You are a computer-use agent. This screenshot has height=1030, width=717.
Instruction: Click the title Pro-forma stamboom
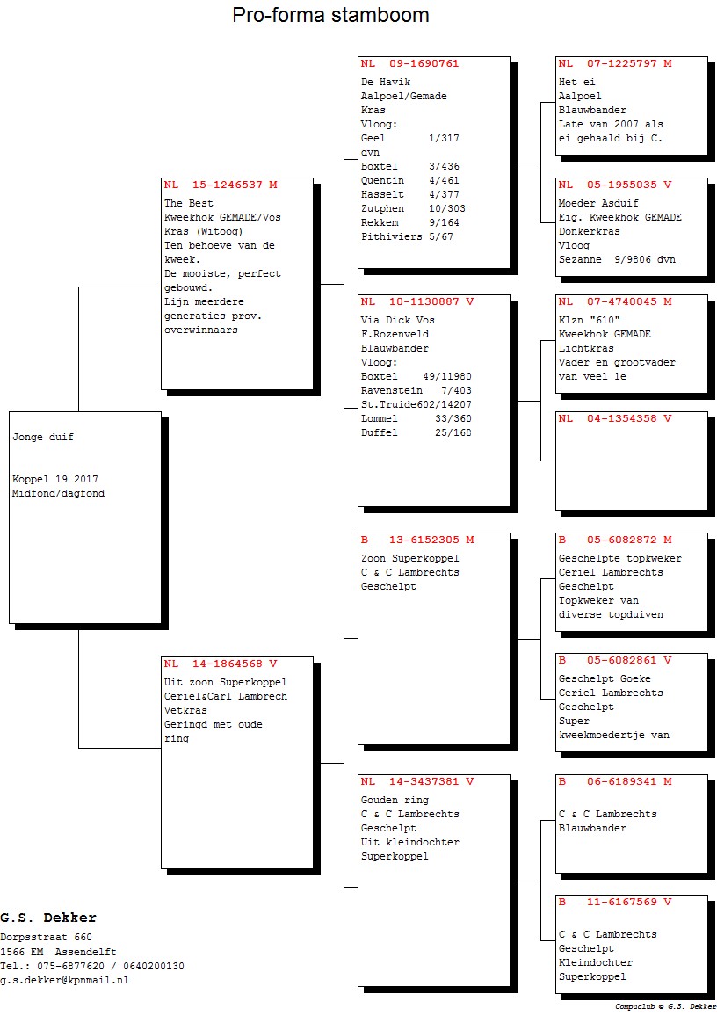330,15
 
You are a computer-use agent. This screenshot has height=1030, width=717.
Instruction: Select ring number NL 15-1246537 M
221,185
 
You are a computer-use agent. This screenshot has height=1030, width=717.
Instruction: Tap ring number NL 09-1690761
409,64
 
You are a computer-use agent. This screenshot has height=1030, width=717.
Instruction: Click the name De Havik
386,82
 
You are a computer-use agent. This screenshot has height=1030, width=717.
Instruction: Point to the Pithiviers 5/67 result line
407,236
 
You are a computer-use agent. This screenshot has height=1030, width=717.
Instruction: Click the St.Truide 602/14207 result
416,404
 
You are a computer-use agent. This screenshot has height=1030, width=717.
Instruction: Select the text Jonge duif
43,438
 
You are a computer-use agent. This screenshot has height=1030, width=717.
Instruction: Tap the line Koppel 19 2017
55,480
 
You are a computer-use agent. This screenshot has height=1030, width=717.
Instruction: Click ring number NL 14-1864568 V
221,664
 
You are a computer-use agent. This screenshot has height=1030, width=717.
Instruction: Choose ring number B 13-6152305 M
417,540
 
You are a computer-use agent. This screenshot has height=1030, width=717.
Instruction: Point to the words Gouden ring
395,800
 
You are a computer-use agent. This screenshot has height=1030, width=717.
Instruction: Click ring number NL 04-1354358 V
614,418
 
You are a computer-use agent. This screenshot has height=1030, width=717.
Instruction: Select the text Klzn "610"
589,321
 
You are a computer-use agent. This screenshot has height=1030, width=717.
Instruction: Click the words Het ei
576,82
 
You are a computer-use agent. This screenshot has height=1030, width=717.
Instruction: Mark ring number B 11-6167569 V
614,902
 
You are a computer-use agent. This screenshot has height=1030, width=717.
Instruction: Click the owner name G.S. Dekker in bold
48,918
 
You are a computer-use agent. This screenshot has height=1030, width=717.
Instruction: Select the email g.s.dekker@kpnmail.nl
64,981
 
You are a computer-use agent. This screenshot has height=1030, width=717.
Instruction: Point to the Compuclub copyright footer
665,1006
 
